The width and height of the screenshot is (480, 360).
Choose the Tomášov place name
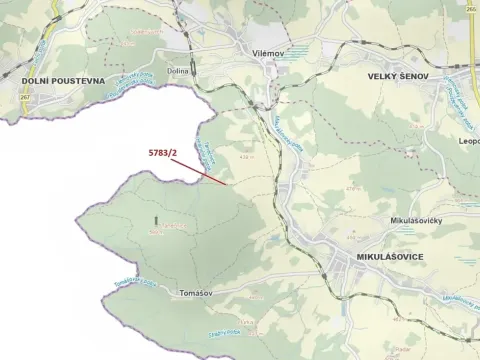point(193,293)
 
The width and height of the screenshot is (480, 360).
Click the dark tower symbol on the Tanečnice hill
point(156,218)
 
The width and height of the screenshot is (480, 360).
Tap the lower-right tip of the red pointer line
point(226,184)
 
